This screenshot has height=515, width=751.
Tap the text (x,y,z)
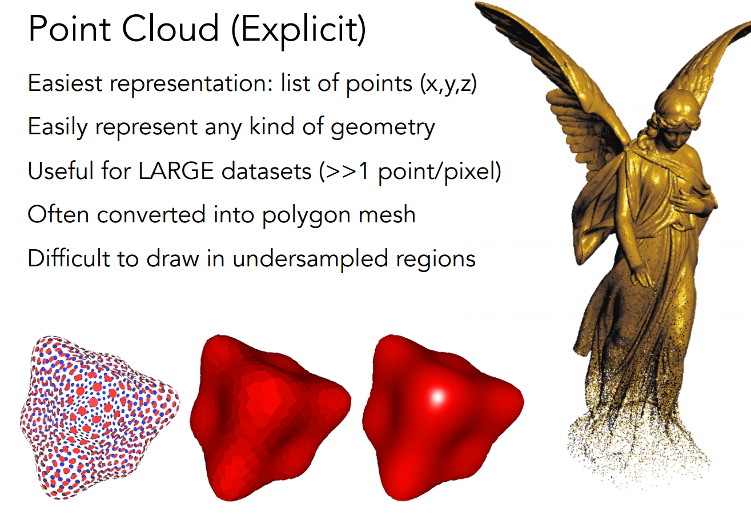(x=448, y=83)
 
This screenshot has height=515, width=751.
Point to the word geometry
(x=383, y=128)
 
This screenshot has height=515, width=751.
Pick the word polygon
(x=307, y=215)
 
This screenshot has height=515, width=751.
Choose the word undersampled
(x=310, y=258)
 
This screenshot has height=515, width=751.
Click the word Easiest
(x=65, y=83)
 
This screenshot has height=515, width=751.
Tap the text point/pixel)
(x=440, y=171)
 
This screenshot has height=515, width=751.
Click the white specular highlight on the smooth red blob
(x=437, y=397)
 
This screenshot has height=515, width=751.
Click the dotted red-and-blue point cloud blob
(x=99, y=416)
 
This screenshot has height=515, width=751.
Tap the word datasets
(x=266, y=171)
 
